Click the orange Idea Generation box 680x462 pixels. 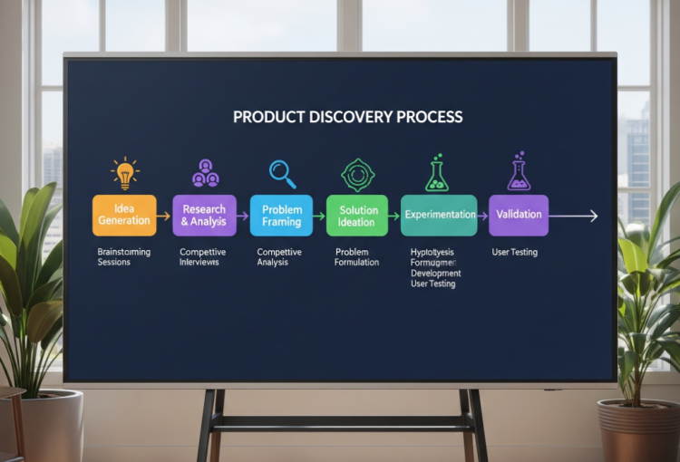125,215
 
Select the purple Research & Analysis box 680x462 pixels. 204,215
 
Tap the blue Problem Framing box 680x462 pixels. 281,216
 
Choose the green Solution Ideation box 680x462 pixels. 356,216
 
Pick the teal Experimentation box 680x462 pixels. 439,215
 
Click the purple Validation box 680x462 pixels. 519,215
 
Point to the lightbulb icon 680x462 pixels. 124,173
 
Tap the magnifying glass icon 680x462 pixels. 282,172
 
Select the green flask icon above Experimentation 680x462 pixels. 437,172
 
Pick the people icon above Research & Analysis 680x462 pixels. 205,173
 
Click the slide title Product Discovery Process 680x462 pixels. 347,117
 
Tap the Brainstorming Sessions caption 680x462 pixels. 124,256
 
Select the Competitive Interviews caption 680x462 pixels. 203,256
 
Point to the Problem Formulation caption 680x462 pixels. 357,256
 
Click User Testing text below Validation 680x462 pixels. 515,252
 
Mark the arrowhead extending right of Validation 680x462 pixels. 593,216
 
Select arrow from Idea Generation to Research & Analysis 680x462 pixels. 163,216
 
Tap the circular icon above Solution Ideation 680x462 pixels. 357,173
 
